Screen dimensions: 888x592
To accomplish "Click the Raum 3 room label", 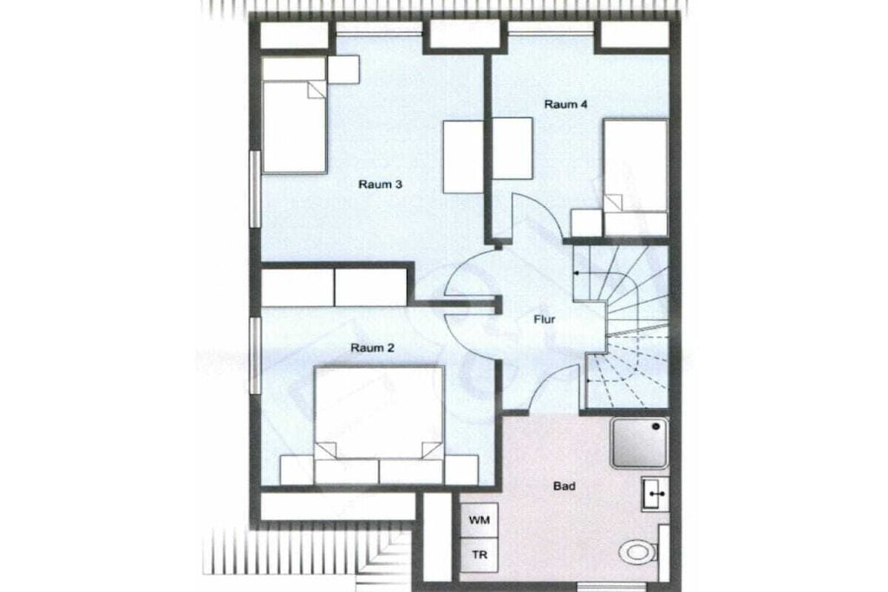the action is (380, 185).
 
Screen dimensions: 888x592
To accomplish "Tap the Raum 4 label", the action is (565, 104).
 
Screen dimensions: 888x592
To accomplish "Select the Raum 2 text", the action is (372, 348).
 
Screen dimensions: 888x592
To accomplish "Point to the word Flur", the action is (545, 320).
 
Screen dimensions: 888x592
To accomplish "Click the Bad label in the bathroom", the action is (564, 486).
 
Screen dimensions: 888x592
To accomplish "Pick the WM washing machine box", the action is (479, 519).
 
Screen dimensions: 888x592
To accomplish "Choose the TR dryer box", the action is (479, 556).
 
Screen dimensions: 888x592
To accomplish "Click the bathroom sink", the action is (656, 493).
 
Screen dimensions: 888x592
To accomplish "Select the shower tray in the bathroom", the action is (639, 443).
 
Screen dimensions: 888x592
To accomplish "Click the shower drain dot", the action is (656, 426).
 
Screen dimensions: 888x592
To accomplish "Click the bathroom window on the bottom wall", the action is (610, 587).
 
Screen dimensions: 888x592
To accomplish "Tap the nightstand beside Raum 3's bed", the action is (343, 69).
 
